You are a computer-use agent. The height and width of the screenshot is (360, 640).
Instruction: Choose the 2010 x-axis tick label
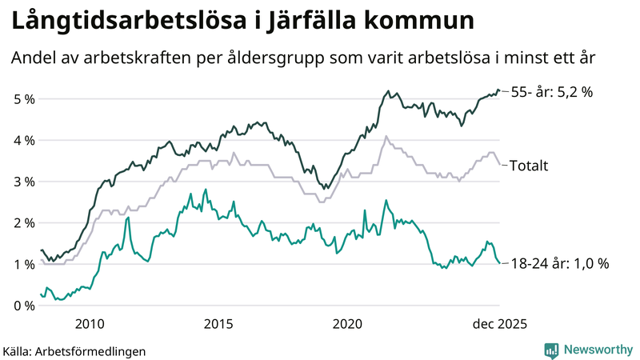(89, 323)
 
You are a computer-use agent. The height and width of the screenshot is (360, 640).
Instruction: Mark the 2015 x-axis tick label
(218, 323)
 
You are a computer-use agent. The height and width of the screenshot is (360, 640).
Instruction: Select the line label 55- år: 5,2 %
(552, 92)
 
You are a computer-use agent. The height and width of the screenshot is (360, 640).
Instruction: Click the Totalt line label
(529, 166)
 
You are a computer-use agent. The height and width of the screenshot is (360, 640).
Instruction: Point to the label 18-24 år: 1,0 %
(560, 263)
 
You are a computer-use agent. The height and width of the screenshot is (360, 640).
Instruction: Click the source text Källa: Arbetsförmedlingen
(74, 350)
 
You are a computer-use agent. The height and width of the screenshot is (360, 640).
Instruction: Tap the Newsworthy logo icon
(551, 350)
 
